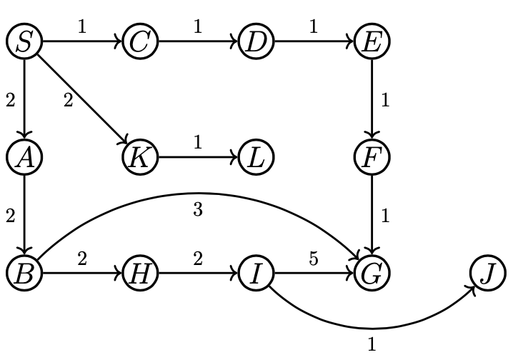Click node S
pyautogui.click(x=25, y=41)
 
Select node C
pyautogui.click(x=140, y=41)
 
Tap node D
pyautogui.click(x=256, y=41)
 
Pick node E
pyautogui.click(x=372, y=41)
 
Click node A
pyautogui.click(x=25, y=157)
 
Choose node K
pyautogui.click(x=140, y=157)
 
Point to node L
pyautogui.click(x=256, y=157)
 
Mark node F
pyautogui.click(x=372, y=157)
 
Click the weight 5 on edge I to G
pyautogui.click(x=314, y=259)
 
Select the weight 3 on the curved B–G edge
pyautogui.click(x=198, y=210)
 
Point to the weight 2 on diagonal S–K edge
pyautogui.click(x=68, y=101)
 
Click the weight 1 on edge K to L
pyautogui.click(x=198, y=143)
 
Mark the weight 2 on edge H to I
pyautogui.click(x=198, y=259)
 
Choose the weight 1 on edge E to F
pyautogui.click(x=385, y=101)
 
